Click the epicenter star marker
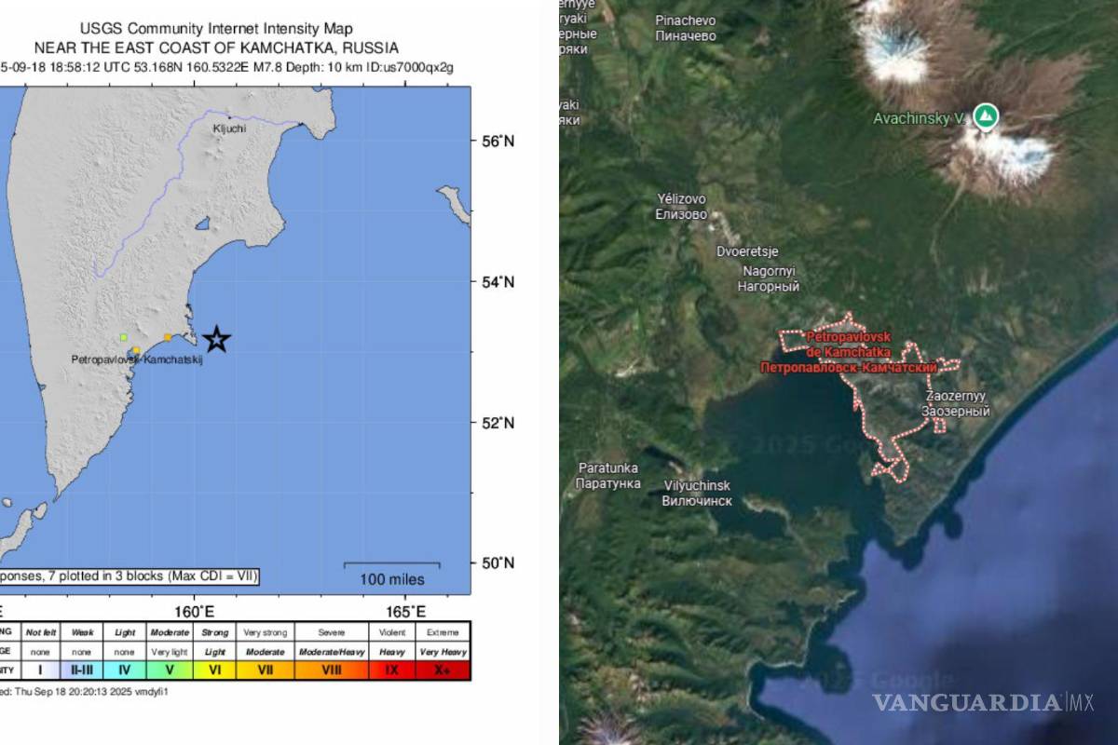point(216,339)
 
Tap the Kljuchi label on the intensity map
point(229,129)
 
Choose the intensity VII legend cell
point(266,670)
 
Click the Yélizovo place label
point(682,206)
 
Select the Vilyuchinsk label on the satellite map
point(697,494)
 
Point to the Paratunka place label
point(608,476)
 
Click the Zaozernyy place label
point(955,403)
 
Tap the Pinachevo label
point(686,28)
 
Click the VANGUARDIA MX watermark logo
point(983,701)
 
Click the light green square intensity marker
point(123,337)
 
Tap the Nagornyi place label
point(769,278)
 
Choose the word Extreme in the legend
point(442,631)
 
